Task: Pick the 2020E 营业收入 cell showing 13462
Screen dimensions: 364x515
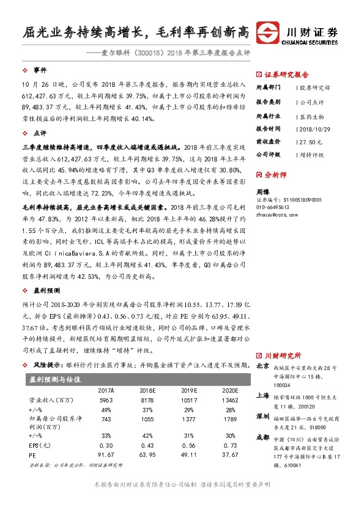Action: [227, 400]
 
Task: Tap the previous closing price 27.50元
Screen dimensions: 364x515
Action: [308, 141]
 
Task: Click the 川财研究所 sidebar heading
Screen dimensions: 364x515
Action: [283, 355]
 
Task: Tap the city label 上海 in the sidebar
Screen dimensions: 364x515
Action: [262, 396]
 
